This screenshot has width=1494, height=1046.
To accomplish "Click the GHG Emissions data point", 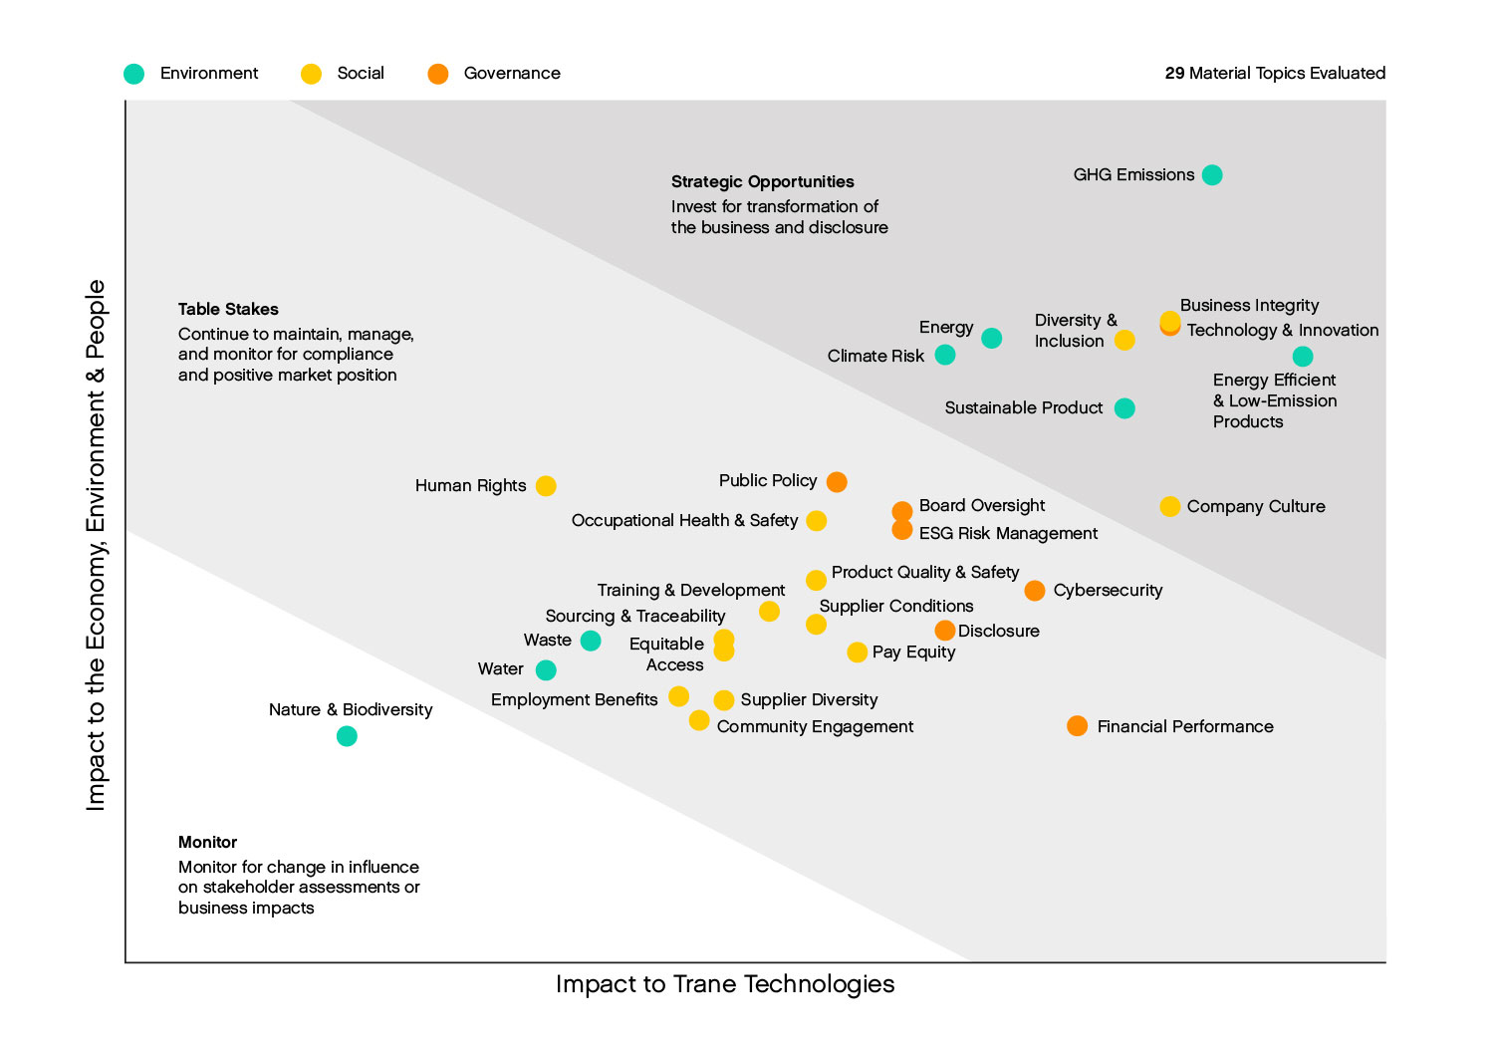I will click(x=1211, y=175).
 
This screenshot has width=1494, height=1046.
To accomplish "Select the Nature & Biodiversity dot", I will click(x=347, y=736).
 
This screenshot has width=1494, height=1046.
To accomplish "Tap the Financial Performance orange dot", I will click(x=1077, y=726).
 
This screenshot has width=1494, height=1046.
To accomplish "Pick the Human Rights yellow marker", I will click(x=546, y=486).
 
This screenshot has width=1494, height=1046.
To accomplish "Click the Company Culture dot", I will click(x=1170, y=506).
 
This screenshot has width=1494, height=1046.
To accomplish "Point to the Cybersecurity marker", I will click(x=1035, y=591).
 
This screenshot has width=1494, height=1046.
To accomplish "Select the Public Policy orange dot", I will click(x=837, y=482).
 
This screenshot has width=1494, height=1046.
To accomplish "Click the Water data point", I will click(x=546, y=669).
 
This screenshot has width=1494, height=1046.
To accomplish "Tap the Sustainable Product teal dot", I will click(x=1124, y=408).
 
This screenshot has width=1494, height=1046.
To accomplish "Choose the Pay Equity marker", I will click(x=857, y=653).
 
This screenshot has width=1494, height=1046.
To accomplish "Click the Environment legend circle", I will click(x=134, y=74).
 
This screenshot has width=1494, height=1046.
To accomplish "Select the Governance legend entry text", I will click(x=512, y=74).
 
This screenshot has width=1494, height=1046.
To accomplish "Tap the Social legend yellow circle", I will click(x=311, y=74).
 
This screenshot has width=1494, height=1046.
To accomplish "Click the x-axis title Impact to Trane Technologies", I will click(x=725, y=984).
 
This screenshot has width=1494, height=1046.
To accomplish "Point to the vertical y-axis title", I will click(x=96, y=545).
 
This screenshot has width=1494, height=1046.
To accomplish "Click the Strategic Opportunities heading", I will click(x=762, y=181).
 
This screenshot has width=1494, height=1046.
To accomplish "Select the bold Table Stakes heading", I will click(x=228, y=309).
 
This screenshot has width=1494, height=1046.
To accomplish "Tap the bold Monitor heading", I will click(x=207, y=842).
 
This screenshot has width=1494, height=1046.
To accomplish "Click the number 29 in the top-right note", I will click(x=1174, y=73).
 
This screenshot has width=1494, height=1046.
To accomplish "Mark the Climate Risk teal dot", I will click(x=945, y=356).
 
